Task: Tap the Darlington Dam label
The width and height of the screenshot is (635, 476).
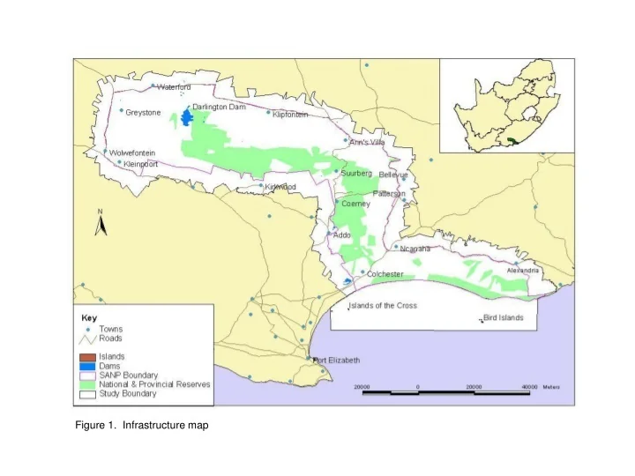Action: pyautogui.click(x=218, y=106)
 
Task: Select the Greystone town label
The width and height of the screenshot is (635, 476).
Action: pyautogui.click(x=144, y=113)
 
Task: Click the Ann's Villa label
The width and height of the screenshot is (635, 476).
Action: pyautogui.click(x=368, y=142)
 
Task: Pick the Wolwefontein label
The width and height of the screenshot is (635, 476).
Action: pyautogui.click(x=132, y=152)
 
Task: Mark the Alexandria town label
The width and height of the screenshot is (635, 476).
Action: pyautogui.click(x=521, y=271)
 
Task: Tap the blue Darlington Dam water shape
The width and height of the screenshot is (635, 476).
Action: pyautogui.click(x=187, y=118)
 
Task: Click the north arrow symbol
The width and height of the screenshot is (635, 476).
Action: pyautogui.click(x=101, y=226)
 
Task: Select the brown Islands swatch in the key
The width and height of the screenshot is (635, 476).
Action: pyautogui.click(x=86, y=356)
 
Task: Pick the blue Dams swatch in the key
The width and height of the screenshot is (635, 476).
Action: pyautogui.click(x=86, y=365)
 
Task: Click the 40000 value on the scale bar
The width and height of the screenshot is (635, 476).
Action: pyautogui.click(x=529, y=387)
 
